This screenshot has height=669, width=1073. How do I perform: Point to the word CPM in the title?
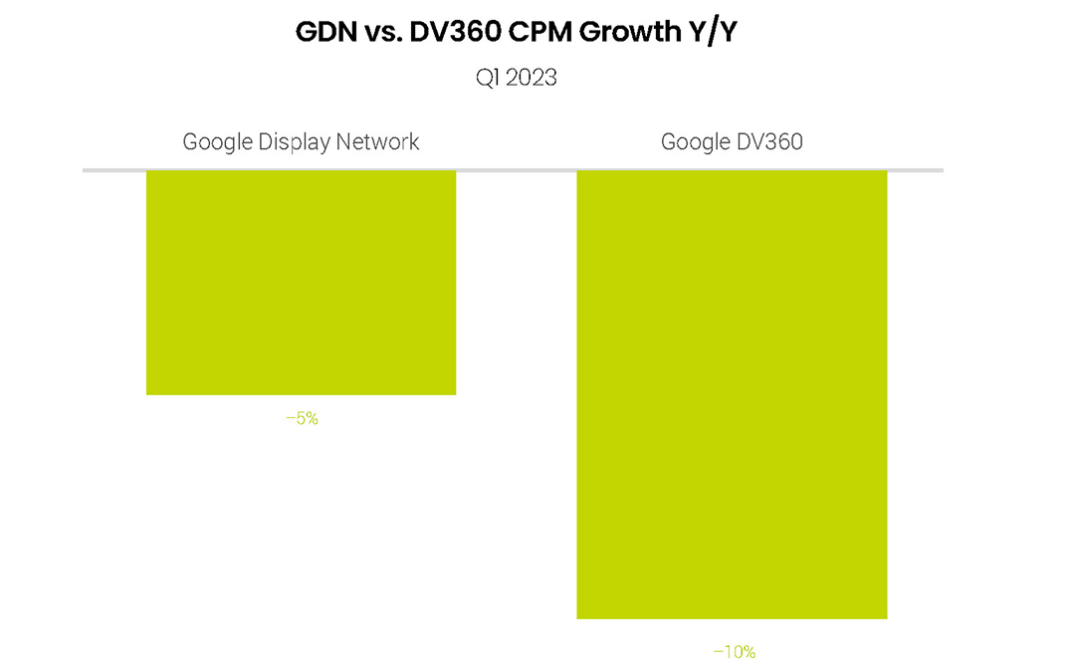click(543, 32)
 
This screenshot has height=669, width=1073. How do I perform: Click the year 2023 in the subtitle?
click(531, 78)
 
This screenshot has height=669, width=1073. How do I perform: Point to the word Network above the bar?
click(377, 141)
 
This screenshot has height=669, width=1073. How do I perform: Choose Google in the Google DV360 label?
click(695, 141)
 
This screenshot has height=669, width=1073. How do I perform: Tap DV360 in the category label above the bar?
click(768, 141)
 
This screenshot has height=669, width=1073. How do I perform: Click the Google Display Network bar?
click(301, 283)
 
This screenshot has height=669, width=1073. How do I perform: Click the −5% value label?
click(302, 419)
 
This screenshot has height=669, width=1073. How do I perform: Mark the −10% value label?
click(734, 652)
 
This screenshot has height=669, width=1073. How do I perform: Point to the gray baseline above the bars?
click(512, 170)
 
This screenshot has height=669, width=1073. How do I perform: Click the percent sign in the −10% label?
click(749, 652)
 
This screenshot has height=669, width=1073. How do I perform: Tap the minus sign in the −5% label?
click(290, 419)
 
